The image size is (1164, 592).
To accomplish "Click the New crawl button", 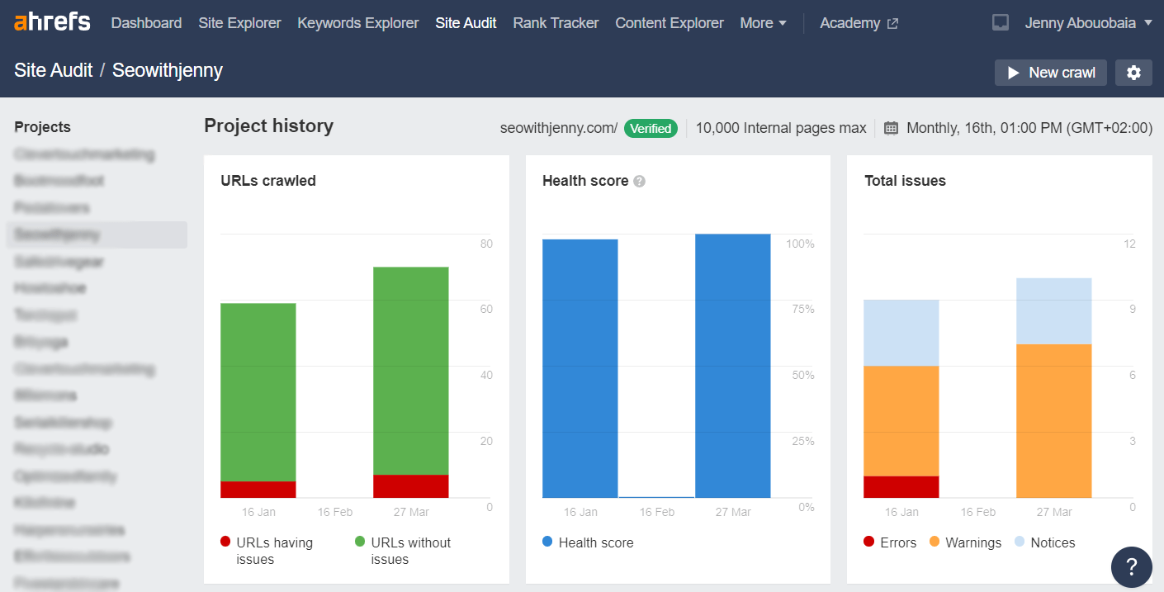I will (x=1050, y=73).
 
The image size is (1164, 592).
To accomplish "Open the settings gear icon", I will (x=1133, y=73).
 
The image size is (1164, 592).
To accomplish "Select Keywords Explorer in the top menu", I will (x=358, y=23).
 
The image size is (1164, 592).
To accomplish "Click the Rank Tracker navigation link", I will (x=556, y=23).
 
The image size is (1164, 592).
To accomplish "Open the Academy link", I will (x=859, y=23).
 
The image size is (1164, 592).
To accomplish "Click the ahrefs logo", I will (x=52, y=22).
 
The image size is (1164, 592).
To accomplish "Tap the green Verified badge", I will (x=651, y=128).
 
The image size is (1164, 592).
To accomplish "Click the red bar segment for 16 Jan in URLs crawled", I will (x=258, y=490).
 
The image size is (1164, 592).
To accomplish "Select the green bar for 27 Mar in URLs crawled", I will (x=411, y=371).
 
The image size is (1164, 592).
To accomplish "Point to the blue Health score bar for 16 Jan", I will (x=580, y=368).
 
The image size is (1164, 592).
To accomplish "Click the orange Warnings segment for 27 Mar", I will (x=1054, y=421).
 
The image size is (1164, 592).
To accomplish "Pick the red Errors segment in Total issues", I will (x=901, y=487).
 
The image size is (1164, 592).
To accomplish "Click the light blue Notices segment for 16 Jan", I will (x=901, y=333).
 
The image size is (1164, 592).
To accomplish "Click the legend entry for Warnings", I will (x=965, y=542).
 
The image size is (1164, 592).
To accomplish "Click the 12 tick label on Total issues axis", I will (x=1130, y=244).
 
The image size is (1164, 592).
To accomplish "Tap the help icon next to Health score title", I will (x=639, y=182).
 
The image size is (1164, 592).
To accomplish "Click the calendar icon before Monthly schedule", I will (x=891, y=128).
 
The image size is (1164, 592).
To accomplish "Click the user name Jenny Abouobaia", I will (x=1079, y=23).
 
